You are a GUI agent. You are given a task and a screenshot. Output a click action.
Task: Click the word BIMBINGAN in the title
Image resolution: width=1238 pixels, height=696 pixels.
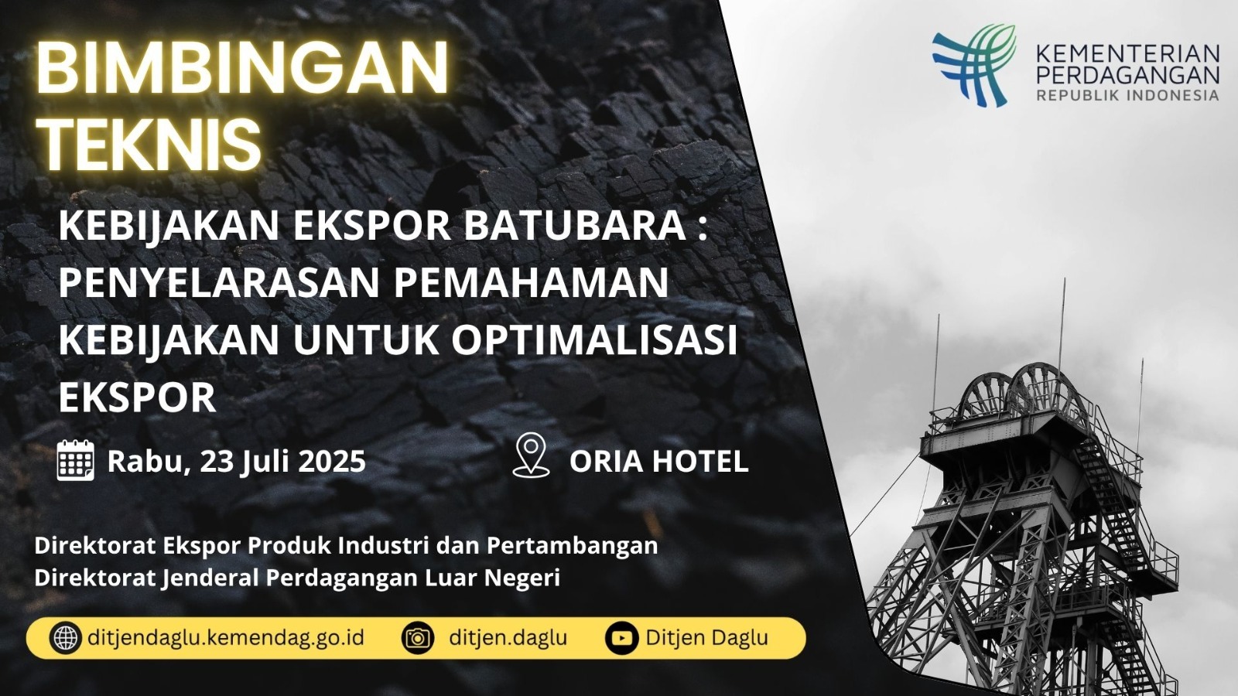point(242,69)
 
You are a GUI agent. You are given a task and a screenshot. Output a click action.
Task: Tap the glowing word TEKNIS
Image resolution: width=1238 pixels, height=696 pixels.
point(149,144)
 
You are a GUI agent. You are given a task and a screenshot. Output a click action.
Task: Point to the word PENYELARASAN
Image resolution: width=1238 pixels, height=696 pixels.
point(220,281)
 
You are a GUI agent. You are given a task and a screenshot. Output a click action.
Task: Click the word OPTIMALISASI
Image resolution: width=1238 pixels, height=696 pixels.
point(594,339)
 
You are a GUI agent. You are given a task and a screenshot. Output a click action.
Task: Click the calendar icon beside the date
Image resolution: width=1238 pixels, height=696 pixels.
point(76,460)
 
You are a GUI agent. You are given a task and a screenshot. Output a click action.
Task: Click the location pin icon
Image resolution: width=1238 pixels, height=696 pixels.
point(531,455)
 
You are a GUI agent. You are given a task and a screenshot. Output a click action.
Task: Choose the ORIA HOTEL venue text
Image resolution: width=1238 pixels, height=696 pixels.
point(658,462)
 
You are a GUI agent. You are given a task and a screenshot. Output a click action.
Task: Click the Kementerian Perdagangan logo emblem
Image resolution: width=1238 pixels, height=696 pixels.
point(974,65)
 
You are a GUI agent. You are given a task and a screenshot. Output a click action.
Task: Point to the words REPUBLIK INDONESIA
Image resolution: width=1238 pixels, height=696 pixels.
point(1127,95)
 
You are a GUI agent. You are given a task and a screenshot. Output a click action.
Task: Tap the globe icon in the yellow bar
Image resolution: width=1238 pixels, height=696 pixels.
point(65,638)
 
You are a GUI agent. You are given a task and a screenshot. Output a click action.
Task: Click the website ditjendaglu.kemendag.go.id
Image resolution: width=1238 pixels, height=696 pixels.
point(226,638)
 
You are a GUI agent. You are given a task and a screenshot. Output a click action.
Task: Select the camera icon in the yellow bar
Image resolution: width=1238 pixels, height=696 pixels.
point(417,638)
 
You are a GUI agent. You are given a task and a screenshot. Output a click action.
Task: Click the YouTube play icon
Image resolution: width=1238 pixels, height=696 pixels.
point(622,638)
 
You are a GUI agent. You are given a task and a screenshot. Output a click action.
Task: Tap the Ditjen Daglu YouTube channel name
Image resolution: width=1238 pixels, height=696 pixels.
point(707,638)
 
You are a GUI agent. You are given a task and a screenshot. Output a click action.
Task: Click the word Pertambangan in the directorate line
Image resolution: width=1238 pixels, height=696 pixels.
point(572,546)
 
